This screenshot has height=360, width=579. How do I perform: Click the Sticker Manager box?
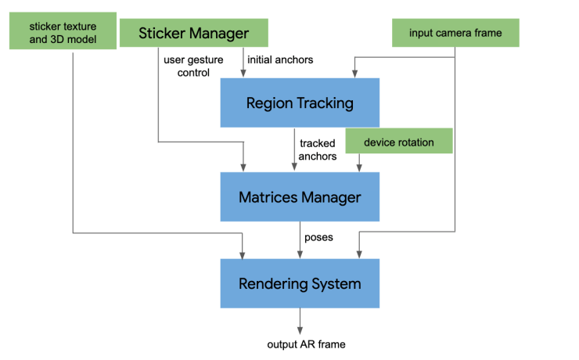(x=193, y=33)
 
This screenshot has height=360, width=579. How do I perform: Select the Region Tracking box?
(x=300, y=103)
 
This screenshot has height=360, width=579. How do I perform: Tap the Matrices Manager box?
(x=300, y=197)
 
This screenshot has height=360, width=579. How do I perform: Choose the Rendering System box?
(x=300, y=283)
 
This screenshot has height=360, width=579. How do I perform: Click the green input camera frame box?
(x=456, y=33)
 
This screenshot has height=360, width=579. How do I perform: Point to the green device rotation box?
(x=399, y=143)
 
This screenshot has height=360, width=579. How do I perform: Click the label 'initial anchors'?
(x=280, y=59)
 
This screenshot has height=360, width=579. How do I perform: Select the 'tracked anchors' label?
(x=318, y=149)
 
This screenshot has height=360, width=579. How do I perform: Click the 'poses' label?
(x=319, y=237)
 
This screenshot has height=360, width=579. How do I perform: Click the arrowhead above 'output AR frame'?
(x=300, y=331)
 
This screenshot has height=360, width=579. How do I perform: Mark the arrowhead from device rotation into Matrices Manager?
(x=359, y=167)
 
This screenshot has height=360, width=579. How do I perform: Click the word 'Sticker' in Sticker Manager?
(x=164, y=33)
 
